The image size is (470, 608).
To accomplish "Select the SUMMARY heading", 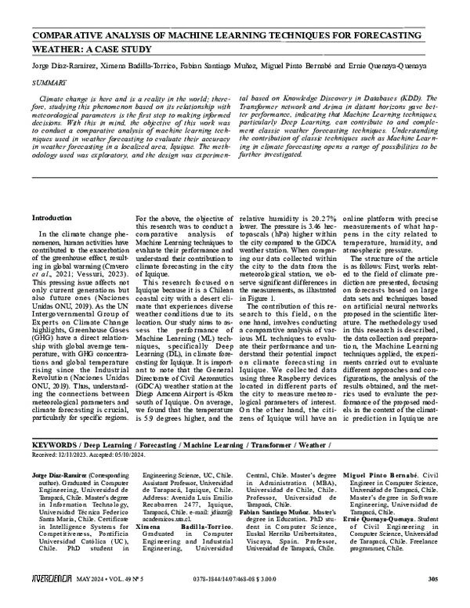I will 48,81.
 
